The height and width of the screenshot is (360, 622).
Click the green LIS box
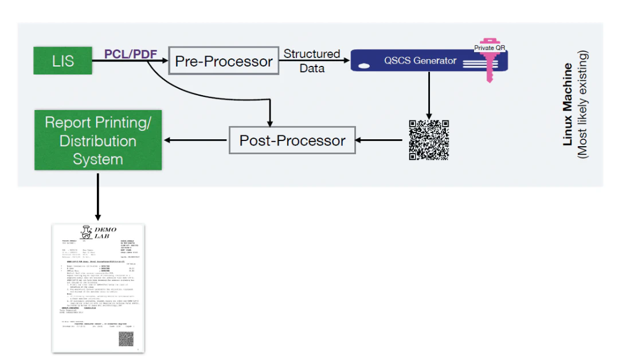[x=62, y=61]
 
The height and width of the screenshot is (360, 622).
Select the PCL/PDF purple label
[x=130, y=54]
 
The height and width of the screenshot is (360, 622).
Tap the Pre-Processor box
[x=224, y=61]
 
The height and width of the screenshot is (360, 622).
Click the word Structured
[x=312, y=54]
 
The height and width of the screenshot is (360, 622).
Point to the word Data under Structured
[x=312, y=68]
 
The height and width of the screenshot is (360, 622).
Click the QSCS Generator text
[x=421, y=61]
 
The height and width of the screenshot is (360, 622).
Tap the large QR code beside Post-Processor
[x=428, y=140]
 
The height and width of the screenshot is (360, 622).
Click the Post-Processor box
[x=292, y=140]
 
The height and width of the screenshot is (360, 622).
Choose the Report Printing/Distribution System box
[x=98, y=140]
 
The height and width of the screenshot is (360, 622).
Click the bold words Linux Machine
[x=568, y=104]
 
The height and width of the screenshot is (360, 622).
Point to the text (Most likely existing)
[x=583, y=104]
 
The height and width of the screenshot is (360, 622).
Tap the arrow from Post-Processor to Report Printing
[x=195, y=140]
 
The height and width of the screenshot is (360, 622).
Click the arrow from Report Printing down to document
[x=98, y=195]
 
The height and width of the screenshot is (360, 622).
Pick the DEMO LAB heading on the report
[x=105, y=233]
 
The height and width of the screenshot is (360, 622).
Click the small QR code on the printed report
[x=126, y=338]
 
